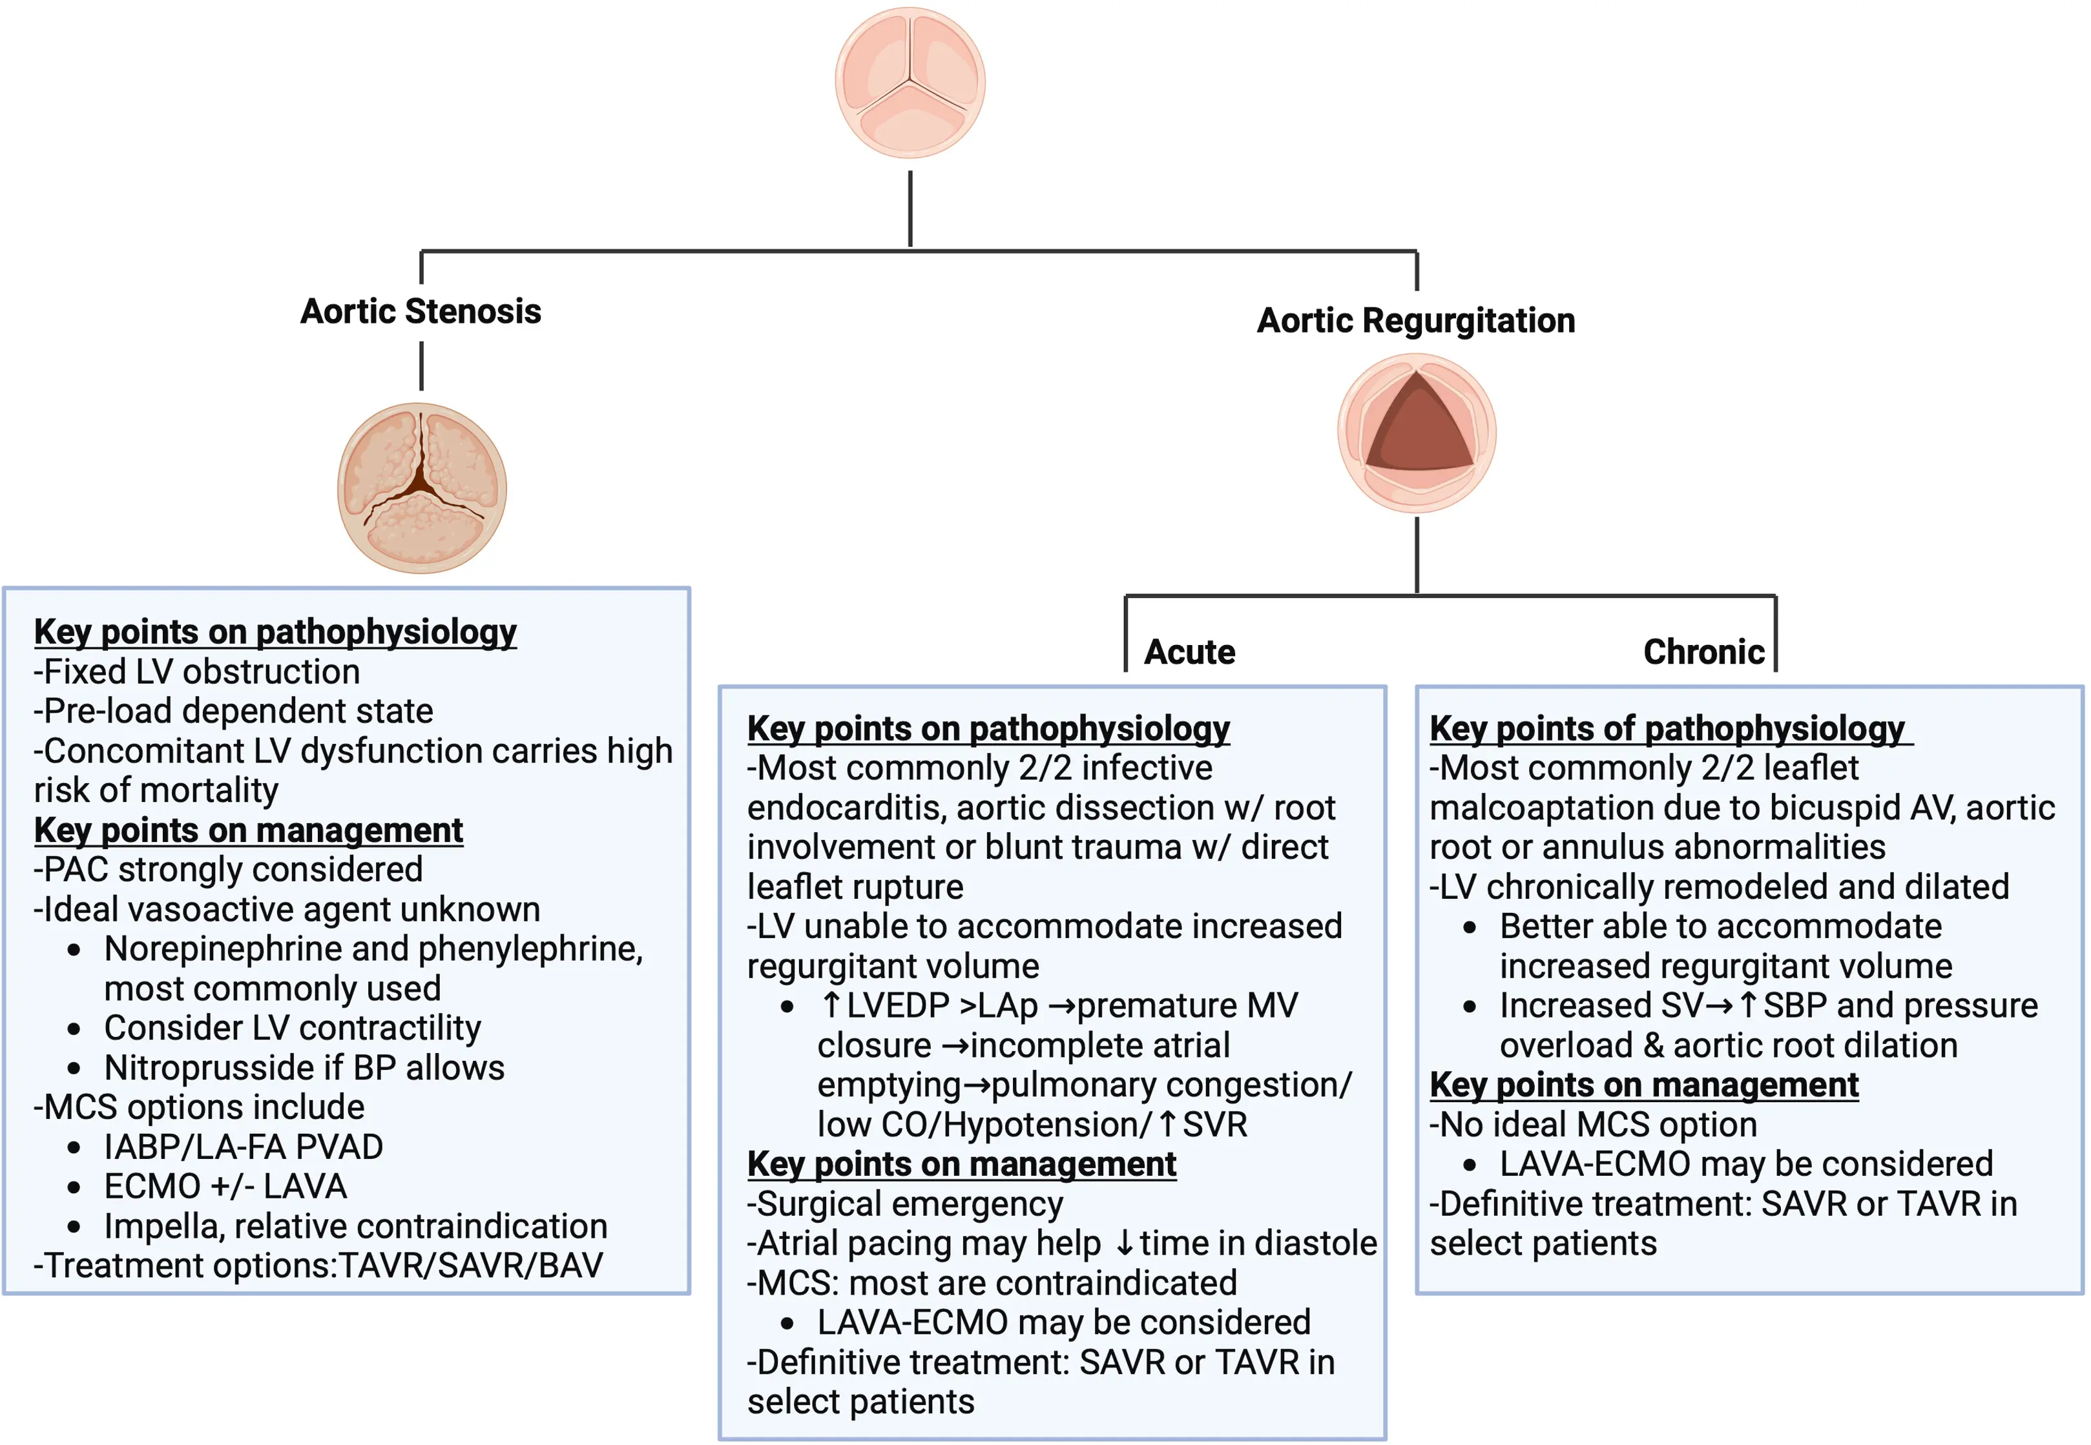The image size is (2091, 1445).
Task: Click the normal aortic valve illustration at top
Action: point(910,83)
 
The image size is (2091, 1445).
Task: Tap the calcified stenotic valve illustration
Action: point(421,488)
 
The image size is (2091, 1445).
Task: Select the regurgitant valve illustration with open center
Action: point(1417,433)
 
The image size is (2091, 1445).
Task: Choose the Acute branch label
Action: point(1189,652)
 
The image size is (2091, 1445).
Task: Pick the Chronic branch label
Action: point(1703,652)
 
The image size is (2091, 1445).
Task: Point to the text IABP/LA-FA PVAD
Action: point(243,1147)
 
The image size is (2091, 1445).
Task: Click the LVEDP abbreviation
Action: point(897,1006)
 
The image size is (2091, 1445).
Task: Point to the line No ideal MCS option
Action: point(1593,1125)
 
